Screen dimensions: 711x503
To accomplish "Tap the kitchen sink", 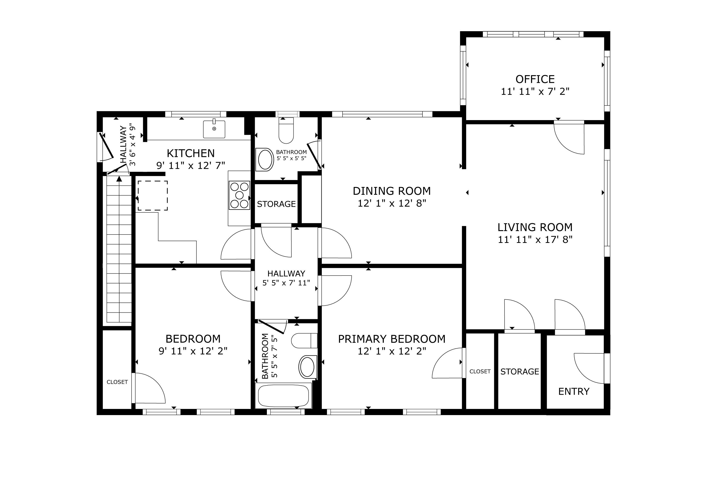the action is (214, 129).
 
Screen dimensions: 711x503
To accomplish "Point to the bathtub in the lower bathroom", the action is (283, 395).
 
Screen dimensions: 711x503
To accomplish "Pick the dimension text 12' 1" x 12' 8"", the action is (392, 204).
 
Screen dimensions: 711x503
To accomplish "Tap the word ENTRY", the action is (574, 391).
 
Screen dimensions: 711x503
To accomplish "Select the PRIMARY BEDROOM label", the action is (392, 339).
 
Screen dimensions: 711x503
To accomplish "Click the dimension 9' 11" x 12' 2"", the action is (193, 351).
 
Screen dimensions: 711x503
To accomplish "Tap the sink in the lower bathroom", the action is (307, 367).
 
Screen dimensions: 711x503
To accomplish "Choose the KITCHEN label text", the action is (191, 153).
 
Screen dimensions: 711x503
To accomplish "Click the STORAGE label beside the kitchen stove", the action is (276, 204).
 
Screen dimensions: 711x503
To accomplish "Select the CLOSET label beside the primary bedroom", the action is (480, 371).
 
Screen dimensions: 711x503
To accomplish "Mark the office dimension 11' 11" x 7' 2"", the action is (535, 92).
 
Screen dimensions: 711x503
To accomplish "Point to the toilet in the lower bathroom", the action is (304, 341).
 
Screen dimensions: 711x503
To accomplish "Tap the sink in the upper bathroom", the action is (265, 159).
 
